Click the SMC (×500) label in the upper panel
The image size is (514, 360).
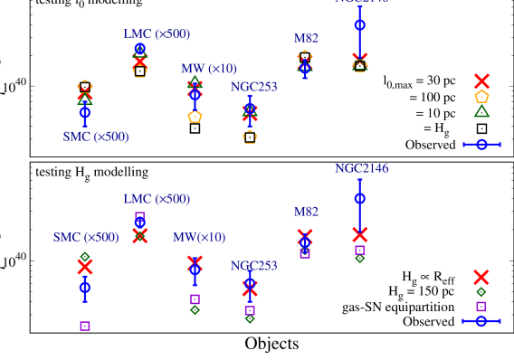(x=96, y=137)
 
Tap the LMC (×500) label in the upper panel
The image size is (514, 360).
(x=157, y=33)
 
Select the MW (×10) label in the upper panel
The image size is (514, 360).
(x=209, y=69)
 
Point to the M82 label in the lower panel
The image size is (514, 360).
(x=306, y=212)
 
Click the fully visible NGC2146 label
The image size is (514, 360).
(x=362, y=168)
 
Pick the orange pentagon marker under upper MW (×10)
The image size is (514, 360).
(x=195, y=116)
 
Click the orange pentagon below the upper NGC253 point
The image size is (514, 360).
(x=250, y=137)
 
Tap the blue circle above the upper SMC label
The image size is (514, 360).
(x=85, y=111)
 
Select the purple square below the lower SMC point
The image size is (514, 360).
(x=85, y=326)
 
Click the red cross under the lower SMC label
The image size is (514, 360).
(x=85, y=267)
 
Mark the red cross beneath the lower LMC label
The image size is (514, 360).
(x=140, y=235)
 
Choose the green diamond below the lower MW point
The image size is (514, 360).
(x=195, y=310)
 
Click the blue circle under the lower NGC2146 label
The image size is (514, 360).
(x=360, y=198)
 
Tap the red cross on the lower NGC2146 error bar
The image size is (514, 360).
(x=360, y=235)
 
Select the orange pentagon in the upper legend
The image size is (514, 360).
(x=481, y=96)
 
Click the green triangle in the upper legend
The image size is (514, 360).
(x=481, y=110)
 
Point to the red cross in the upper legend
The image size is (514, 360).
(x=481, y=81)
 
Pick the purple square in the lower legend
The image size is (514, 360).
(x=481, y=307)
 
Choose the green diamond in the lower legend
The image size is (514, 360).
(x=481, y=292)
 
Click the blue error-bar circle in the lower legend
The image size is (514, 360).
(x=481, y=321)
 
